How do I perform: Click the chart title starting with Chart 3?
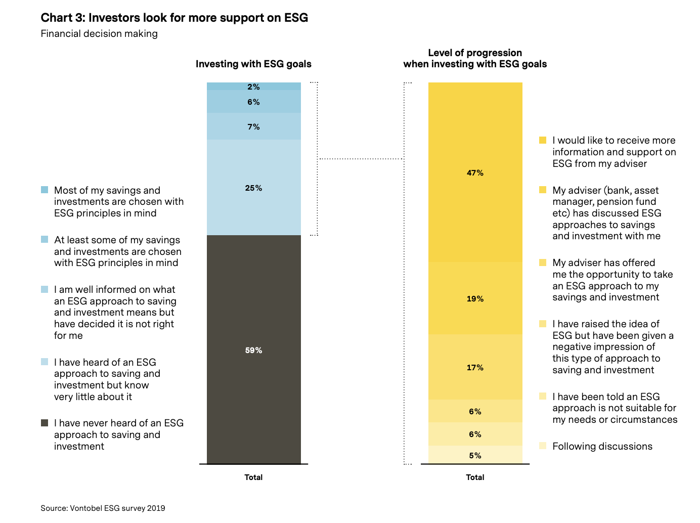tap(174, 18)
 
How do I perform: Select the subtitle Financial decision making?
tap(99, 34)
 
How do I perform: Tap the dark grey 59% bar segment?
tap(253, 350)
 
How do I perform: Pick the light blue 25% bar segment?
tap(253, 188)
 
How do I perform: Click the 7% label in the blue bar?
tap(253, 127)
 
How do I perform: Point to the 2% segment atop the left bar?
tap(253, 86)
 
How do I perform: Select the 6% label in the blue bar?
tap(253, 102)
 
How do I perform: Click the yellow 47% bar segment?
tap(475, 172)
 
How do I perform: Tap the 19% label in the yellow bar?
tap(475, 299)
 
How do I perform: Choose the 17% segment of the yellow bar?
tap(475, 368)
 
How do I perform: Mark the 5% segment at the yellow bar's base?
tap(475, 455)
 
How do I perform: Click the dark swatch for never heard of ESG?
tap(45, 423)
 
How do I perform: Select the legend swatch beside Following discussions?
tap(543, 446)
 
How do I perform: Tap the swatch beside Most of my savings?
tap(45, 190)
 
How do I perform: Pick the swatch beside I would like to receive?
tap(543, 140)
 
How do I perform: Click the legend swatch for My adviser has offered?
tap(543, 263)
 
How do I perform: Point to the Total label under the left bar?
tap(253, 477)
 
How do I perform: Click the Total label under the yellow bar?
tap(475, 477)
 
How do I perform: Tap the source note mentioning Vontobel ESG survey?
tap(103, 508)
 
